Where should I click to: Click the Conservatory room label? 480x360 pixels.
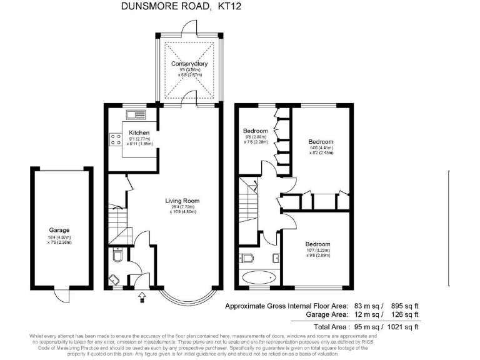pyautogui.click(x=189, y=64)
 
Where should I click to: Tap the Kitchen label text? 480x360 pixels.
pyautogui.click(x=139, y=132)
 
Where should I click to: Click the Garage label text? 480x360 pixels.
pyautogui.click(x=59, y=230)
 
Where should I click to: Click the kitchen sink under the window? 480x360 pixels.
pyautogui.click(x=135, y=114)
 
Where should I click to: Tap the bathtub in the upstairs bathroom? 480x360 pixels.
pyautogui.click(x=258, y=277)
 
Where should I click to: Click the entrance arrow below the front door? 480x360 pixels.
pyautogui.click(x=141, y=295)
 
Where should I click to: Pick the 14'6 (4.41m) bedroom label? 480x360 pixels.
pyautogui.click(x=321, y=142)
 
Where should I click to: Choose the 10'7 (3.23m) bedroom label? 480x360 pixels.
pyautogui.click(x=317, y=244)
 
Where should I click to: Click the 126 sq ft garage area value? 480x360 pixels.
pyautogui.click(x=404, y=316)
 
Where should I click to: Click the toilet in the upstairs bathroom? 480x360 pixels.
pyautogui.click(x=246, y=258)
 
